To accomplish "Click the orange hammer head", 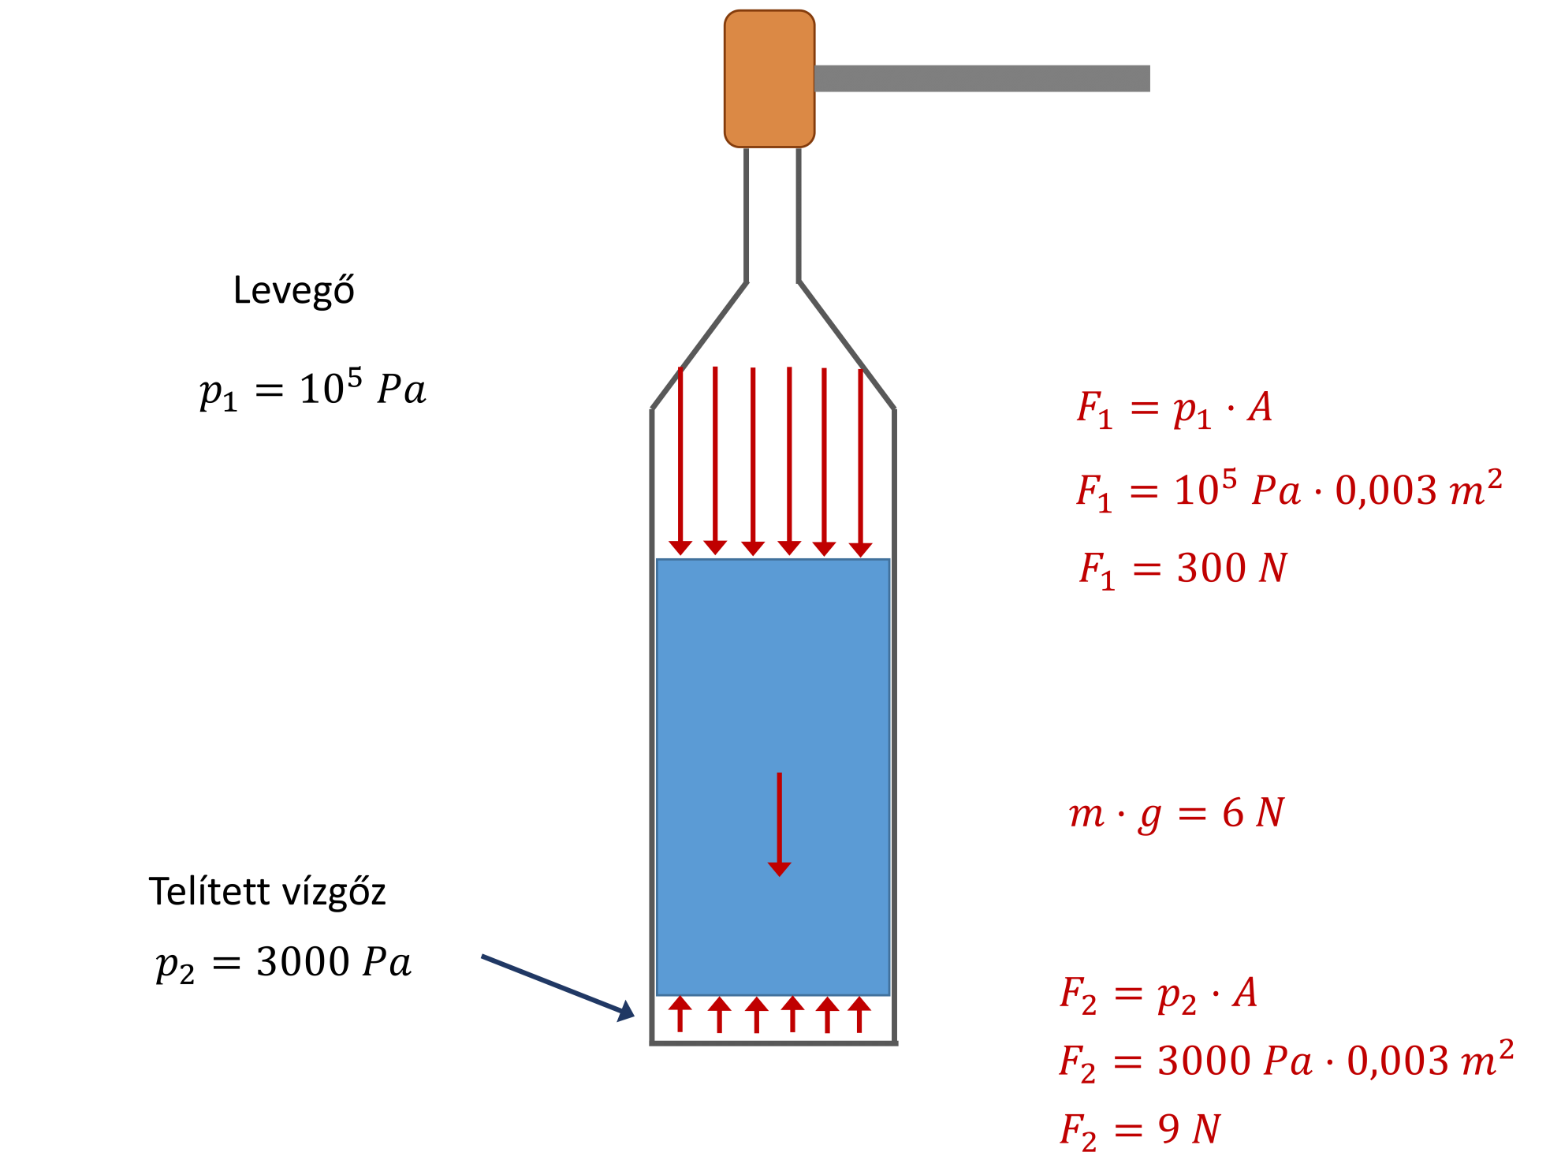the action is (x=769, y=79).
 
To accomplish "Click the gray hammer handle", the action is (x=982, y=79).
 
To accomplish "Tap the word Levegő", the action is (x=294, y=290).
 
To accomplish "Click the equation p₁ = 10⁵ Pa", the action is (x=313, y=389).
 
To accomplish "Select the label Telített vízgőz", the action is (x=267, y=891).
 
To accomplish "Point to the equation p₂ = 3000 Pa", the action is (x=284, y=963).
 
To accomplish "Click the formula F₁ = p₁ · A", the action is (x=1175, y=409).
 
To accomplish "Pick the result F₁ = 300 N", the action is (x=1183, y=569).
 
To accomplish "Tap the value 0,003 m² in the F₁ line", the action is (x=1418, y=489).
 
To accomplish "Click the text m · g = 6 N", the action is (x=1176, y=814).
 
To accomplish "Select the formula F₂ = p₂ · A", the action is (x=1158, y=994).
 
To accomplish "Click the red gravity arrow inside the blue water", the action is (x=779, y=824).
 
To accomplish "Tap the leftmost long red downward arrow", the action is (x=680, y=461).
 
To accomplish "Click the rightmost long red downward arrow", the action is (x=860, y=461).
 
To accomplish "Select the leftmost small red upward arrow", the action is (x=680, y=1014).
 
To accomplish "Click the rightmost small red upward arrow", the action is (x=860, y=1014).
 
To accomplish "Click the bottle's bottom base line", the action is (x=774, y=1043).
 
